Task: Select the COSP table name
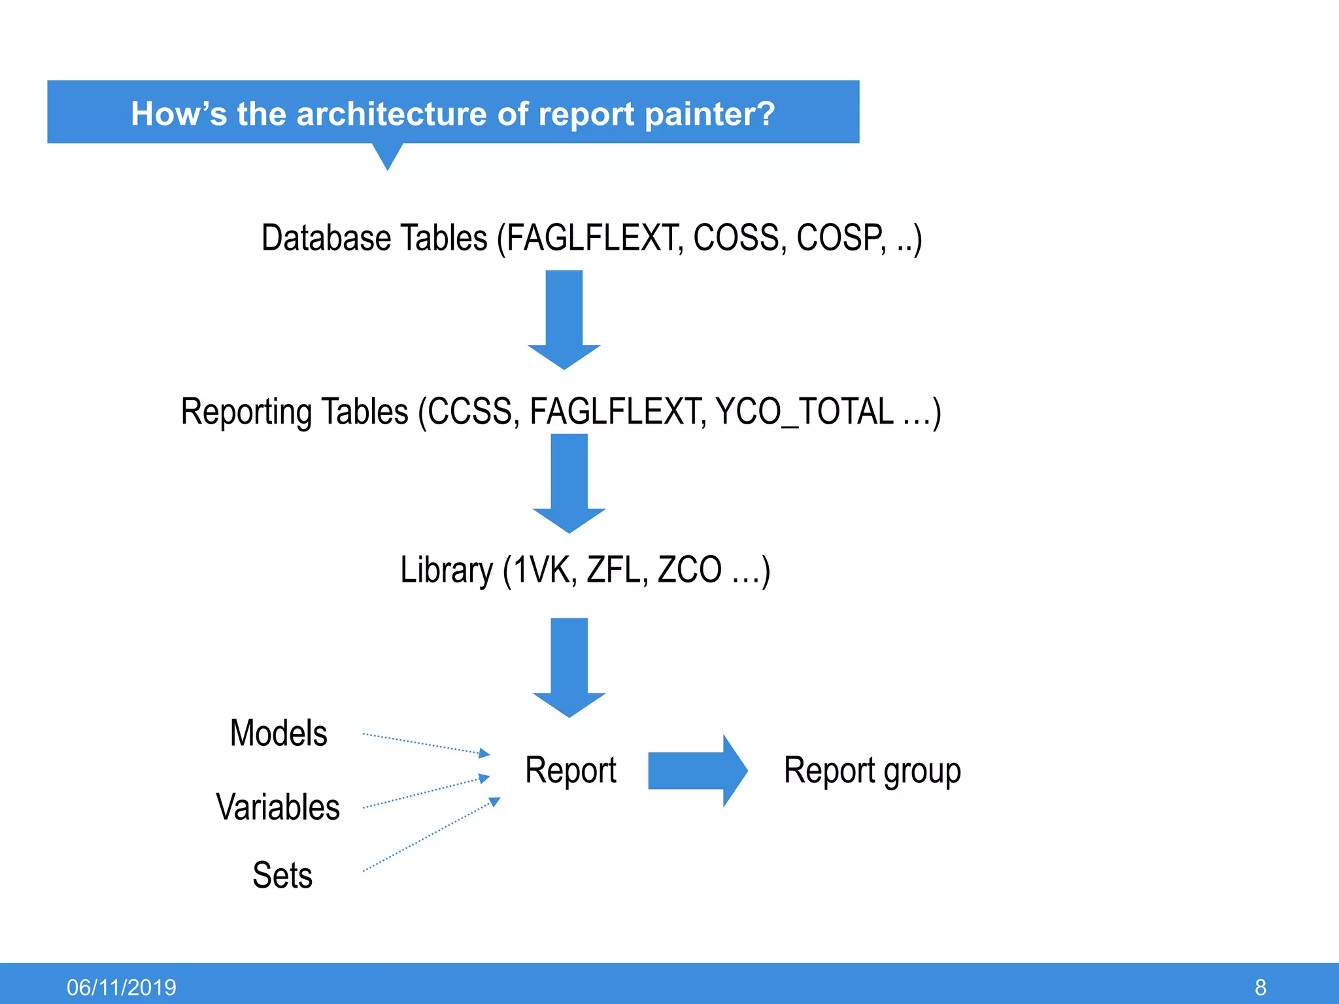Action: (x=841, y=237)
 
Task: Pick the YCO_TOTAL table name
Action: (x=805, y=412)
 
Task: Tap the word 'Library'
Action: (x=447, y=570)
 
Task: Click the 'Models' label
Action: (x=279, y=733)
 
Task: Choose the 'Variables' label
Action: (x=278, y=807)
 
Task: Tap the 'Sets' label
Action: (x=282, y=875)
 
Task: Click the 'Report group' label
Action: (x=872, y=771)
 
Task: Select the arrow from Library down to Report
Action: (x=569, y=667)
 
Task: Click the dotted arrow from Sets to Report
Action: (x=431, y=835)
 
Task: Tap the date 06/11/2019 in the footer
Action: (x=122, y=987)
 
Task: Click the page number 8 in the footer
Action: (x=1261, y=987)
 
